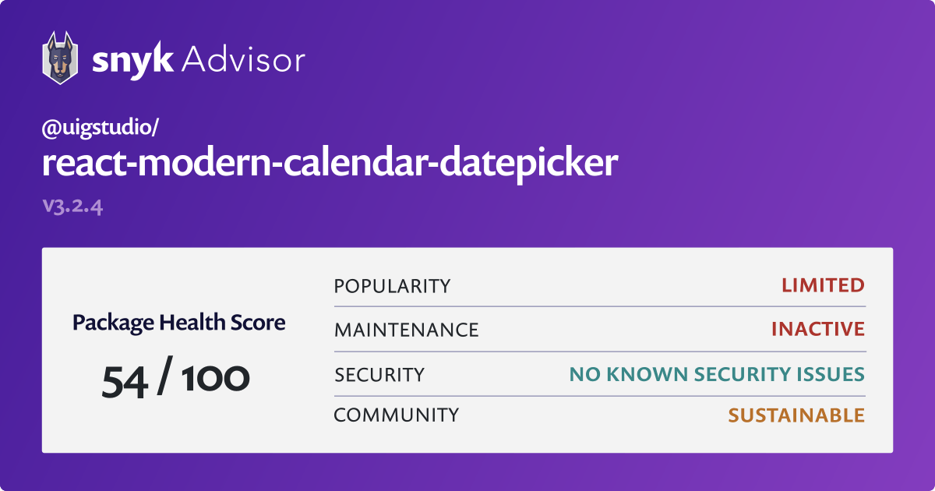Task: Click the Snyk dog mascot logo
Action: tap(60, 58)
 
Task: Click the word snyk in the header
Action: tap(132, 61)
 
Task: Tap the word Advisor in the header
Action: tap(243, 59)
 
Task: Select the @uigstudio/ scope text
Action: tap(101, 127)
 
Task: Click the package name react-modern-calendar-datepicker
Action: tap(330, 163)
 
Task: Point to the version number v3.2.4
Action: tap(72, 207)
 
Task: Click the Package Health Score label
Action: tap(178, 323)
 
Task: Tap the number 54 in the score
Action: tap(125, 382)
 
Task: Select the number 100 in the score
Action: tap(215, 378)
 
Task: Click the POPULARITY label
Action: tap(392, 287)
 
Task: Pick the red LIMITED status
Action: tap(823, 285)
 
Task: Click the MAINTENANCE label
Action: tap(406, 330)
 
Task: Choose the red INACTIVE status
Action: tap(818, 329)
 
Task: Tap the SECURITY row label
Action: tap(379, 375)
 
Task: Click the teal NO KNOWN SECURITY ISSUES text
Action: tap(717, 374)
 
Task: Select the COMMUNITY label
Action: tap(396, 415)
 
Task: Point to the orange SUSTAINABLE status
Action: tap(796, 415)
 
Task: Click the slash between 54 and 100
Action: tap(165, 375)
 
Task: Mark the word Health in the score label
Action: tap(192, 322)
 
